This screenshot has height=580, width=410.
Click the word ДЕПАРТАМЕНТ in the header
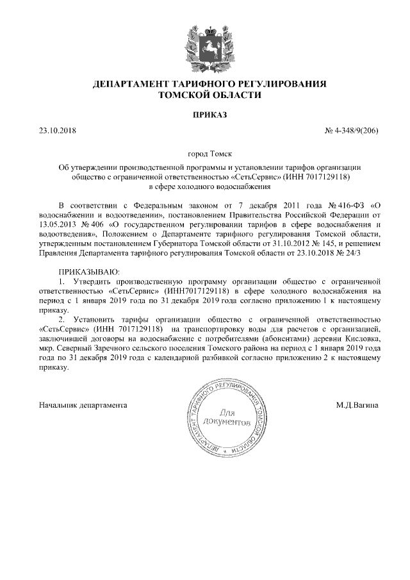coord(129,84)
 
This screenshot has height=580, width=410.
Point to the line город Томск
coord(205,154)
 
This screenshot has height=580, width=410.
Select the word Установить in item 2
coord(100,319)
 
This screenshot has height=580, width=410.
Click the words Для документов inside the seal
coord(225,418)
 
